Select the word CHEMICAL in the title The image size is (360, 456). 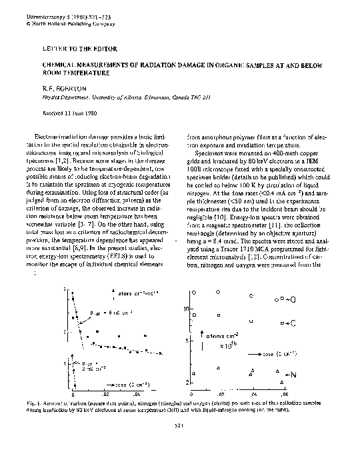[x=59, y=66]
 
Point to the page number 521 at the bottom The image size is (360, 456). [x=178, y=425]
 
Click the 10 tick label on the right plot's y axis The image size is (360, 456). [x=188, y=309]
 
